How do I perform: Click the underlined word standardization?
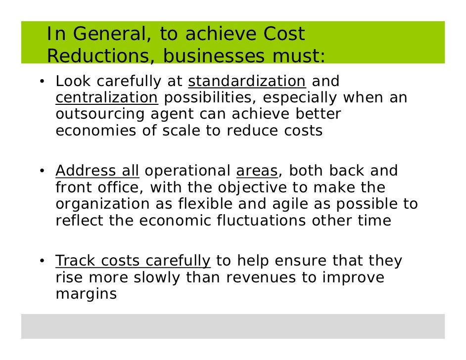point(247,82)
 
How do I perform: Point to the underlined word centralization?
point(106,98)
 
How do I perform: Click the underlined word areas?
point(257,171)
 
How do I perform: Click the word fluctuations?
point(261,221)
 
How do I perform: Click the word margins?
point(86,294)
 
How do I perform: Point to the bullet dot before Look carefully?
point(44,82)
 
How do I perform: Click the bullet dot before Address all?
point(44,172)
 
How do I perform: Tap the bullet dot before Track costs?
point(44,261)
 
